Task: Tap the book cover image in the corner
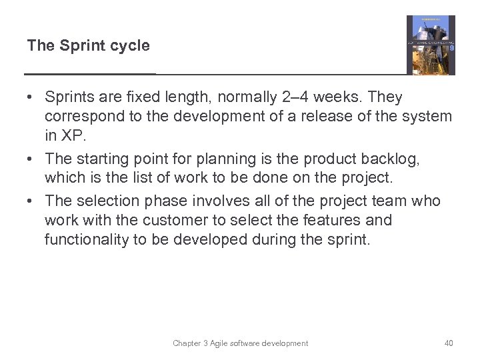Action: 431,45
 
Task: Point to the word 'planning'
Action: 216,159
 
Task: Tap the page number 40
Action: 449,343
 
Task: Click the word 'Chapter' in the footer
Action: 187,343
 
